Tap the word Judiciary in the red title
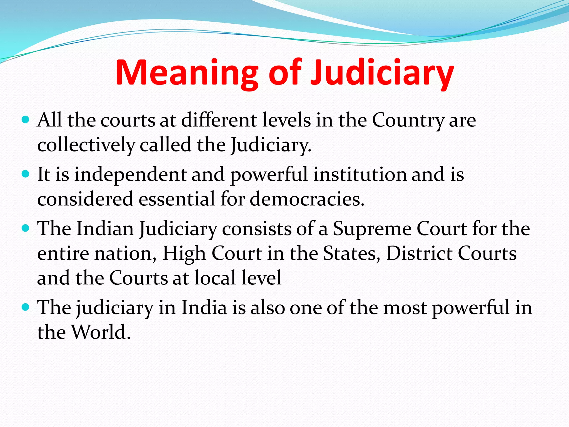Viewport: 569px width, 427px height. pyautogui.click(x=382, y=73)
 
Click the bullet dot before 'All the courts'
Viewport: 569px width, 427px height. pyautogui.click(x=25, y=120)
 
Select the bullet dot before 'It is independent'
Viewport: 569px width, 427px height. pyautogui.click(x=25, y=174)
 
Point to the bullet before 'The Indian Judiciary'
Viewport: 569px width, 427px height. pyautogui.click(x=25, y=228)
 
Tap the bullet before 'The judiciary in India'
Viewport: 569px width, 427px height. pyautogui.click(x=25, y=307)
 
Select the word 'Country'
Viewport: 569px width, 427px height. pyautogui.click(x=408, y=121)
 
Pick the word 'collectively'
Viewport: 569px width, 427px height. pyautogui.click(x=86, y=145)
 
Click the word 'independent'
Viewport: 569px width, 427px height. pyautogui.click(x=130, y=175)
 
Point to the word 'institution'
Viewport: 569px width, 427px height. pyautogui.click(x=360, y=174)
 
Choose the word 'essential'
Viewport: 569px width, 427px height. pyautogui.click(x=177, y=199)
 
